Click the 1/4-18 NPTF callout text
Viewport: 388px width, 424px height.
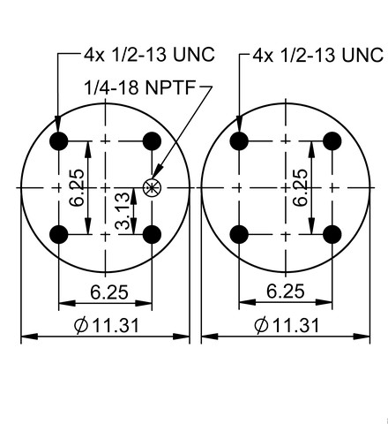click(x=139, y=87)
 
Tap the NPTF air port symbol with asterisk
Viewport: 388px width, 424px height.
click(x=152, y=187)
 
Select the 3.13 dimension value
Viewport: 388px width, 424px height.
click(x=123, y=211)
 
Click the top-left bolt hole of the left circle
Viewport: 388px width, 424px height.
click(x=59, y=141)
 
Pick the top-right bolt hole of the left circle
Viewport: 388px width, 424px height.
click(x=152, y=141)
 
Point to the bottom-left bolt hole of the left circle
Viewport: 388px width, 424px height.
click(x=59, y=234)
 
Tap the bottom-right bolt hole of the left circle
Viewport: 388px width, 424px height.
click(x=152, y=234)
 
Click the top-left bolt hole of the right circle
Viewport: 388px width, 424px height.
click(x=239, y=141)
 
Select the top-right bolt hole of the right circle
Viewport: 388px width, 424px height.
click(x=332, y=141)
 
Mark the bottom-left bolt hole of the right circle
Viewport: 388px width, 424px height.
click(x=239, y=234)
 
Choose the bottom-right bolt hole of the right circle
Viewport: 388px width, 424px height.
click(x=332, y=234)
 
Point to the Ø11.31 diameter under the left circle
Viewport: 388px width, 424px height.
click(x=107, y=326)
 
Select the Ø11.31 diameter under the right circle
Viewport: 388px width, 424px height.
click(x=287, y=326)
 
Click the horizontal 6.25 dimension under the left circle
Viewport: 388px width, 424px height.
click(x=109, y=292)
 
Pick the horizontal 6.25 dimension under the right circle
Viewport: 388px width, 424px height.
click(x=286, y=291)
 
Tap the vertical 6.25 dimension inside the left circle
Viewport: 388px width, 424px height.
click(x=77, y=188)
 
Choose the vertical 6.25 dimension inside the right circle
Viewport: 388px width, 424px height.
click(x=301, y=188)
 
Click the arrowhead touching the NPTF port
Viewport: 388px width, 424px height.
click(x=158, y=171)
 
